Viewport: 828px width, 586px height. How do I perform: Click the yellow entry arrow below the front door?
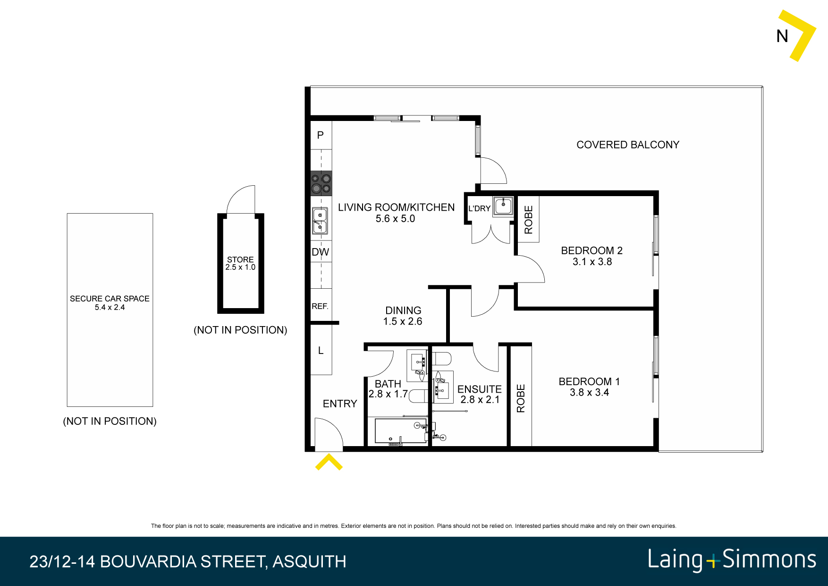[329, 462]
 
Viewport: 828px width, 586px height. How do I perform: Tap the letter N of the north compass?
[782, 36]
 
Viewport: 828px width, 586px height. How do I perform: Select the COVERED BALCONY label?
[628, 145]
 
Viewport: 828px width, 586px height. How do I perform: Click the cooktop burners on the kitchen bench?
[321, 184]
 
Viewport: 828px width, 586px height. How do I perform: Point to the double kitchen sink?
[320, 221]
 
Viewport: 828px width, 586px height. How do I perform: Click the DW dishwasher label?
[320, 252]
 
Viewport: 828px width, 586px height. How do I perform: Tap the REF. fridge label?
[320, 306]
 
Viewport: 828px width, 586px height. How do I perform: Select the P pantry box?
[321, 135]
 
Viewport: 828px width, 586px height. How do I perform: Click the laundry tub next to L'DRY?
[503, 206]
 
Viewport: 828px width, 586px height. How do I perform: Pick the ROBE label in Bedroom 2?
[529, 220]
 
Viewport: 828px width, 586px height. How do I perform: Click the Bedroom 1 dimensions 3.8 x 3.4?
[589, 393]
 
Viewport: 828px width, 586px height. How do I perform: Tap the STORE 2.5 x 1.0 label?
[240, 263]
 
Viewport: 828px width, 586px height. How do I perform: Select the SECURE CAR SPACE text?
[110, 299]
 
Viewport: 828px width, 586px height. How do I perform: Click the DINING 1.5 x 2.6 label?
[403, 316]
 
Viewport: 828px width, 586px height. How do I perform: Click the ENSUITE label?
[479, 389]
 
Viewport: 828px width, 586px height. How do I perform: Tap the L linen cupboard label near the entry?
[321, 351]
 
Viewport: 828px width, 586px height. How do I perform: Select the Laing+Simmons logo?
[731, 560]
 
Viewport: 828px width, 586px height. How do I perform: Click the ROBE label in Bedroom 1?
[521, 398]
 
